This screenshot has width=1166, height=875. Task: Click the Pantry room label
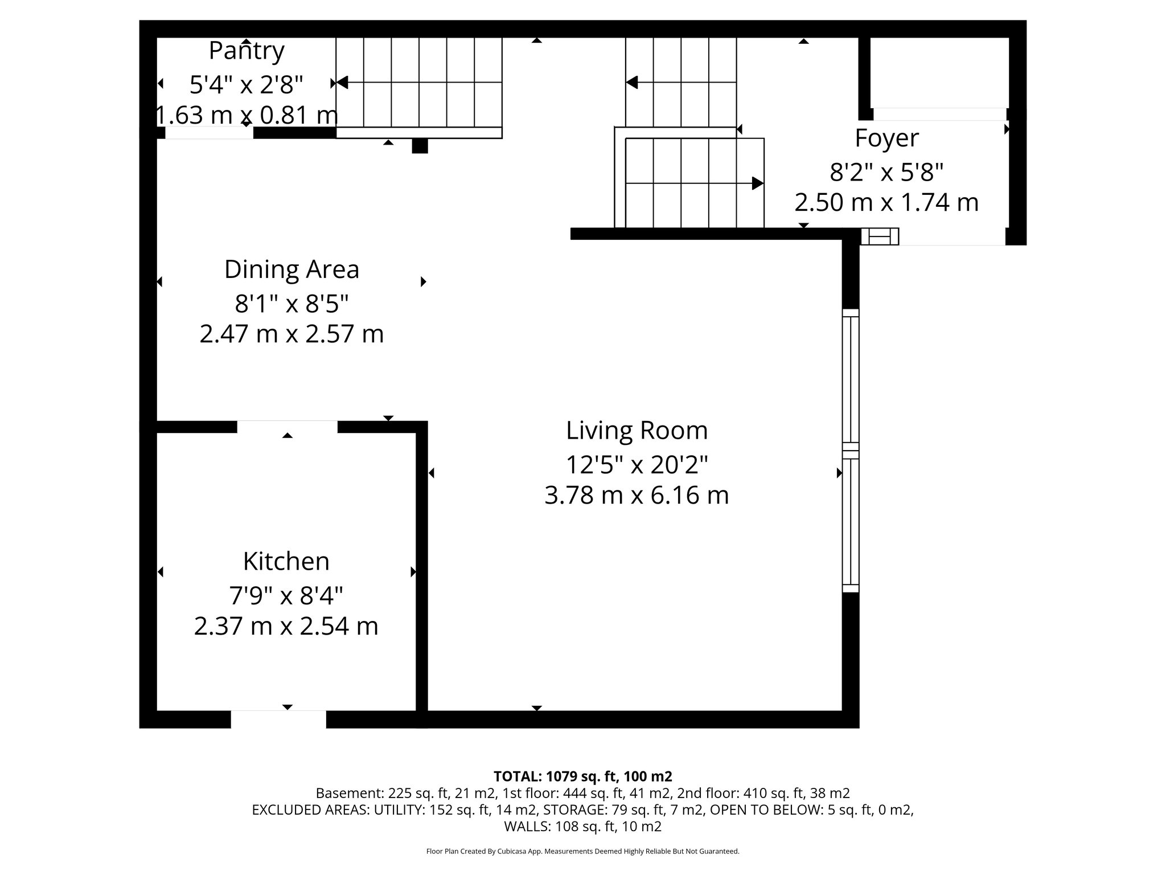coord(247,51)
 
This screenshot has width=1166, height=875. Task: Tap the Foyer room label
coord(886,138)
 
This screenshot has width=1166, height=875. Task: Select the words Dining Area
coord(291,269)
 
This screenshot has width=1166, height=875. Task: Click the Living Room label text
coord(637,431)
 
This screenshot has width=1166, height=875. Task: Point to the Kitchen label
coord(286,562)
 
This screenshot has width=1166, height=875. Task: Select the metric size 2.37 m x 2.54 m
coord(286,627)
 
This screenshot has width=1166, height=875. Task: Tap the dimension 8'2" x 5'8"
coord(886,171)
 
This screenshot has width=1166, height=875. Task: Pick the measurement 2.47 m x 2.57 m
coord(291,334)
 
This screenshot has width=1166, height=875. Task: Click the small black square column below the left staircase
coord(420,146)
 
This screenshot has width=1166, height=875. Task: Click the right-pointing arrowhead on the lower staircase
coord(757,183)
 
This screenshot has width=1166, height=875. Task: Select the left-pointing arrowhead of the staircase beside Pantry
coord(342,83)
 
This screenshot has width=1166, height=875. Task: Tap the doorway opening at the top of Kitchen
coord(287,427)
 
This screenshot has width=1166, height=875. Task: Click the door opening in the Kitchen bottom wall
coord(278,719)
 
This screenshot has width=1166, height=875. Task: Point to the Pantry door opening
coord(209,133)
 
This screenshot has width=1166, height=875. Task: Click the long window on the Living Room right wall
coord(850,450)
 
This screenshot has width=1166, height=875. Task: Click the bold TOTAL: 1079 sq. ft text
coord(582,776)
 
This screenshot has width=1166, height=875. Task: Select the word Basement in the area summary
coord(340,793)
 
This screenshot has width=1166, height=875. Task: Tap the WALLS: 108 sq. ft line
coord(582,826)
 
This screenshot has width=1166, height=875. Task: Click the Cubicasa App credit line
coord(582,851)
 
